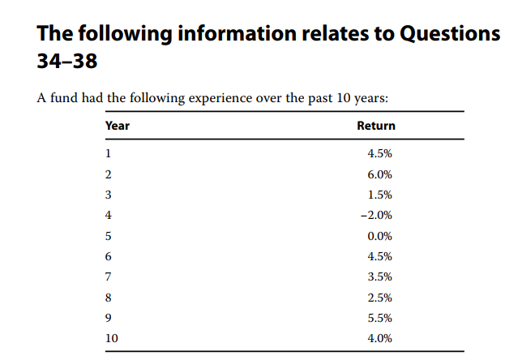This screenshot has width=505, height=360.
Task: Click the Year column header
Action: point(118,126)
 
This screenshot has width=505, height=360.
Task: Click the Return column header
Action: point(376,126)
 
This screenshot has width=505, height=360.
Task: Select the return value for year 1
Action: point(379,154)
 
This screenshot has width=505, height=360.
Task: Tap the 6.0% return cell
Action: point(379,174)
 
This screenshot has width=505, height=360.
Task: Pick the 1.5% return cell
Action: point(379,195)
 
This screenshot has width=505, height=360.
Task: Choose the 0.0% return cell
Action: point(379,236)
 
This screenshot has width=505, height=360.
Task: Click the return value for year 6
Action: point(379,256)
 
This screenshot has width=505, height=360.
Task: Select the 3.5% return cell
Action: point(379,276)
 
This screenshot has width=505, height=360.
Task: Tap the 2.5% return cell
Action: point(379,298)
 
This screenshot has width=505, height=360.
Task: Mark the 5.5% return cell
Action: point(379,318)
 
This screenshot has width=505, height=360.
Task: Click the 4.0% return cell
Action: point(379,338)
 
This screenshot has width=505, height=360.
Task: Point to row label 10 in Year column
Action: point(112,338)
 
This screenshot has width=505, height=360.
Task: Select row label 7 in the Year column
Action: point(109,276)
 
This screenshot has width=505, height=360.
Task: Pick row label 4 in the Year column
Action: point(109,215)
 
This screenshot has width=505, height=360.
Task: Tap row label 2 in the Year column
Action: point(109,174)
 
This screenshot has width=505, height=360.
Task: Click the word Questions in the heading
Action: point(439,35)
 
